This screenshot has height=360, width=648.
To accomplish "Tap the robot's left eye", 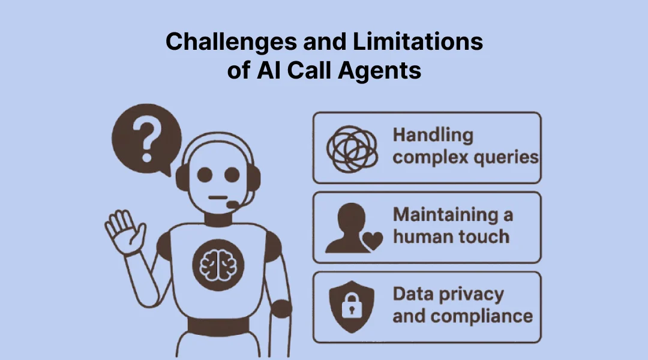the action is pyautogui.click(x=205, y=175).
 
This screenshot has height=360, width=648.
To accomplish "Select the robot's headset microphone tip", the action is pyautogui.click(x=232, y=205).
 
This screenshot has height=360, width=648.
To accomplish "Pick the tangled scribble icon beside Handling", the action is pyautogui.click(x=352, y=148).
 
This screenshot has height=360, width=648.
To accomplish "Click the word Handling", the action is pyautogui.click(x=433, y=135).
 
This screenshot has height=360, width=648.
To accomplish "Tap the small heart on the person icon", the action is pyautogui.click(x=374, y=242).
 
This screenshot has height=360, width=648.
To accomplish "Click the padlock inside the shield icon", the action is pyautogui.click(x=351, y=308).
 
